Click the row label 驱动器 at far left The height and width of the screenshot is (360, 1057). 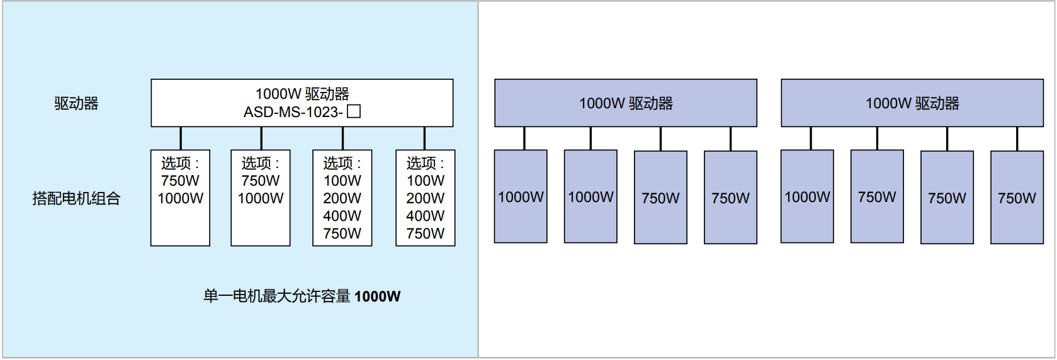pos(76,103)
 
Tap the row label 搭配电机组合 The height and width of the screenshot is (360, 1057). pos(76,199)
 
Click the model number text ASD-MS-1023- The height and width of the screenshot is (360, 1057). pos(293,112)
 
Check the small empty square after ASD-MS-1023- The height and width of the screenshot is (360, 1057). pos(354,111)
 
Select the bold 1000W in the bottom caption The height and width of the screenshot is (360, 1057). pos(377,296)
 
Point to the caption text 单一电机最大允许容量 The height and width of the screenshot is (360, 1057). pos(276,296)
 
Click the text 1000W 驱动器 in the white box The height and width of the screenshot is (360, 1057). pos(302,94)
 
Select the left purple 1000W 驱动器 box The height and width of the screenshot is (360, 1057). pos(625,103)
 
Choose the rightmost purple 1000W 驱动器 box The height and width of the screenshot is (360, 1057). pos(912,103)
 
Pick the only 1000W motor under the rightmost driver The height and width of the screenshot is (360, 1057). pos(807,197)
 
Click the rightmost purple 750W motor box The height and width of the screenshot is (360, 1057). pos(1017,198)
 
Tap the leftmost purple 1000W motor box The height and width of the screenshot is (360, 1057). pos(521,197)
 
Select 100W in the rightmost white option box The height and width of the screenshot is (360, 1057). pos(426,181)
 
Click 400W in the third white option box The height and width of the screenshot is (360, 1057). pos(342,216)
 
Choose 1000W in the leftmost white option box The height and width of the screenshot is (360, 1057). pos(180,198)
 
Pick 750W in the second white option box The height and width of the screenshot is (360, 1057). pos(261,181)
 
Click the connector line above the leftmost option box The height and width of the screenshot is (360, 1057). pos(181,138)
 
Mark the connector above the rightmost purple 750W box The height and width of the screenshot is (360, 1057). pos(1017,138)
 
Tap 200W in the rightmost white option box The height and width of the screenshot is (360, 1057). pos(426,198)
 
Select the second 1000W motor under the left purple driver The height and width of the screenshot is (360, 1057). pos(591,197)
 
